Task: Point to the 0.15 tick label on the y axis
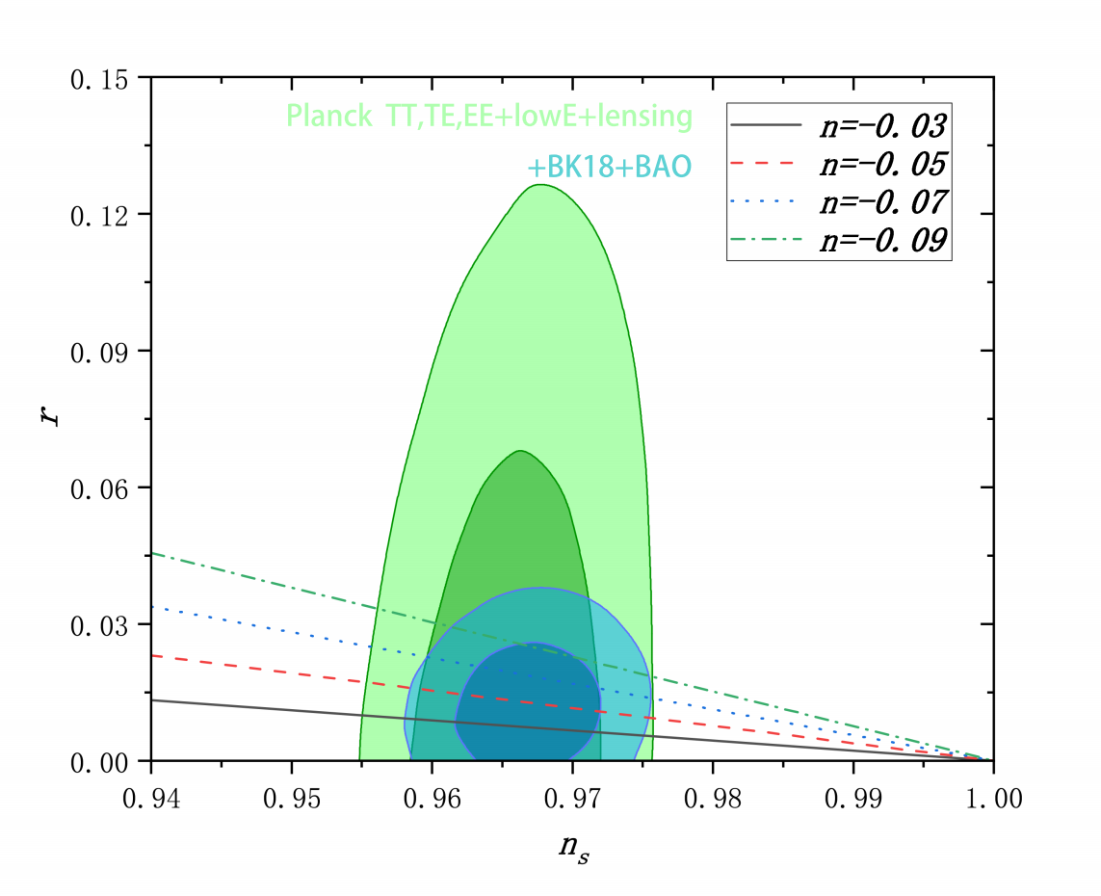(x=105, y=77)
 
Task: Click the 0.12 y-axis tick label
(x=105, y=214)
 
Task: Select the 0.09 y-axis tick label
(x=105, y=351)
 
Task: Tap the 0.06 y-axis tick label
(x=105, y=488)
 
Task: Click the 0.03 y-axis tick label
(x=105, y=624)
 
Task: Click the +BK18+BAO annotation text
(x=609, y=168)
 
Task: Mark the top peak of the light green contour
(x=541, y=185)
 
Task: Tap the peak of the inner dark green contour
(x=520, y=451)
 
